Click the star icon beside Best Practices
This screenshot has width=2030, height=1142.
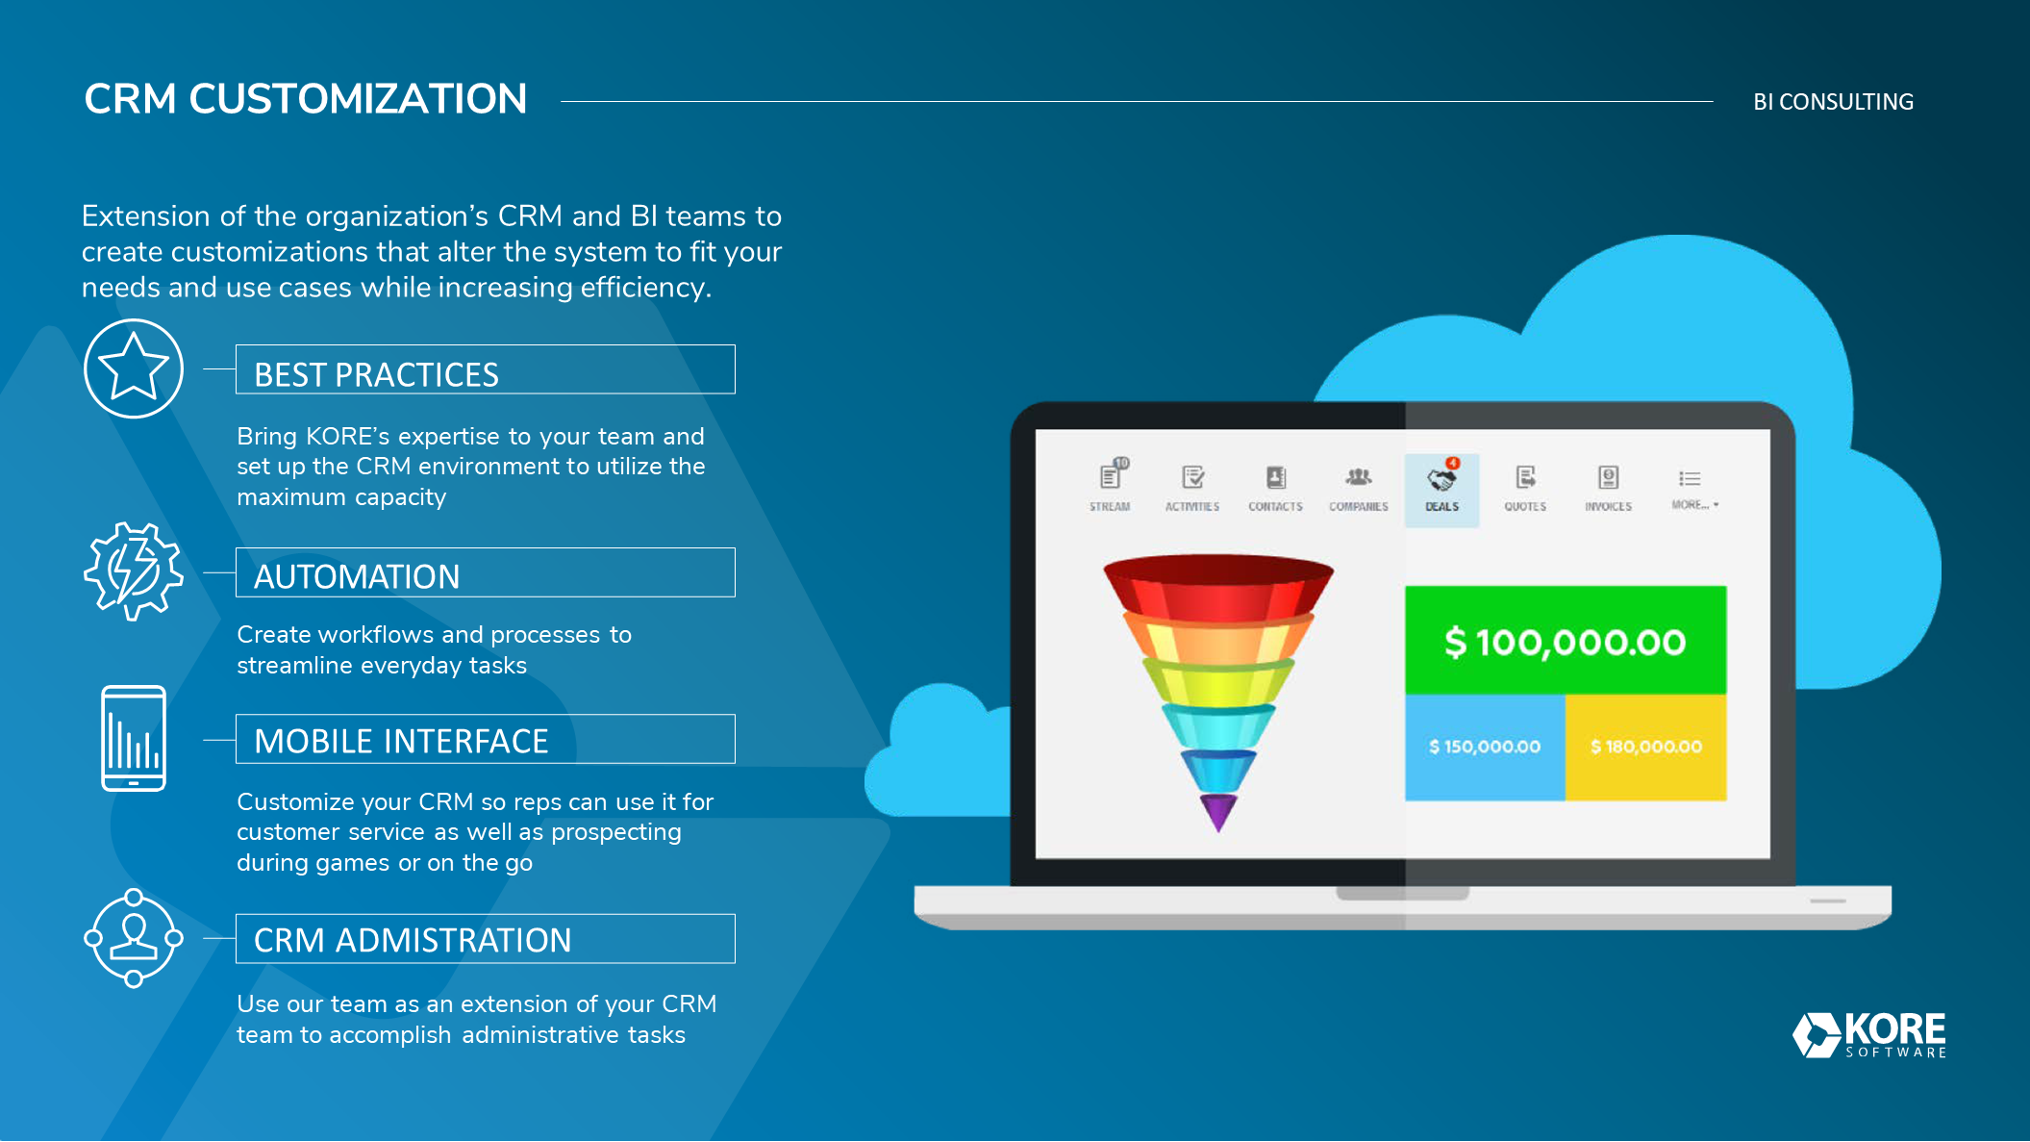pyautogui.click(x=134, y=368)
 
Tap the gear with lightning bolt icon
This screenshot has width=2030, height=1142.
pyautogui.click(x=134, y=571)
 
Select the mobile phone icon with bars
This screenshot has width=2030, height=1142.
pyautogui.click(x=134, y=738)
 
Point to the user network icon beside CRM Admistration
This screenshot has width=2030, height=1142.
pyautogui.click(x=134, y=938)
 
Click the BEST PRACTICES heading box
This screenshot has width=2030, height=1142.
pyautogui.click(x=486, y=369)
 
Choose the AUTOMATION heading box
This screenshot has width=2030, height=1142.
pyautogui.click(x=486, y=572)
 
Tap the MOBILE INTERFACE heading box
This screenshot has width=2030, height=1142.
pyautogui.click(x=486, y=739)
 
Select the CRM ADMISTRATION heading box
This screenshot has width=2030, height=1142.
pyautogui.click(x=486, y=939)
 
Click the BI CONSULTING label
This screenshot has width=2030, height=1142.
pyautogui.click(x=1833, y=102)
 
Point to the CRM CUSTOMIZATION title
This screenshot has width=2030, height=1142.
pyautogui.click(x=306, y=99)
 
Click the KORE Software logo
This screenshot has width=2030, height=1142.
pyautogui.click(x=1869, y=1035)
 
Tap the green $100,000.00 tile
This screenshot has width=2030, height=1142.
pyautogui.click(x=1566, y=641)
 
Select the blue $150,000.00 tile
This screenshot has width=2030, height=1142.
pyautogui.click(x=1485, y=748)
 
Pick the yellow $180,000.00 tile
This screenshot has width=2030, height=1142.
pyautogui.click(x=1646, y=748)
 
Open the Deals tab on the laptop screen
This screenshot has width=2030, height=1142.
pyautogui.click(x=1441, y=490)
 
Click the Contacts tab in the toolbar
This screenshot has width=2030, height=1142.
pyautogui.click(x=1275, y=489)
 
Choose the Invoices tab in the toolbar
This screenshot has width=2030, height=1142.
pyautogui.click(x=1608, y=489)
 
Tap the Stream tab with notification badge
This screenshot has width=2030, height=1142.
pyautogui.click(x=1110, y=487)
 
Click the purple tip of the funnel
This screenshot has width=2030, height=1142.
pyautogui.click(x=1218, y=812)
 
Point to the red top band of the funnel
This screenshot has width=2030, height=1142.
pyautogui.click(x=1218, y=585)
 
